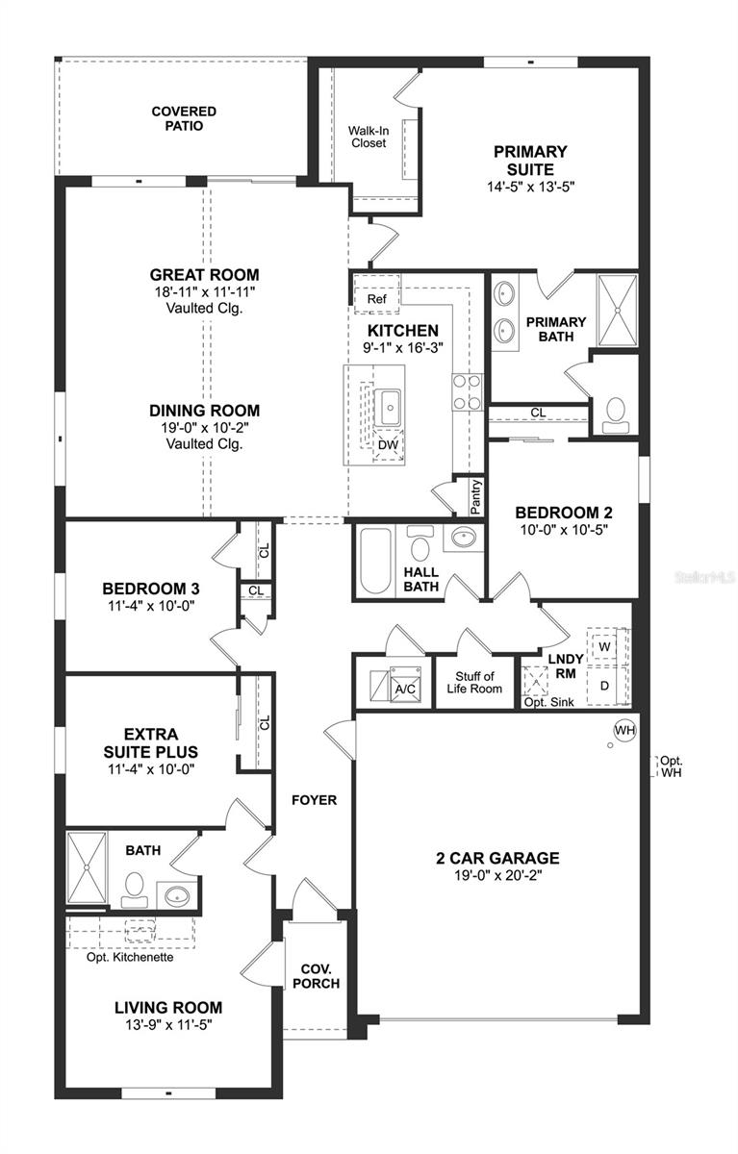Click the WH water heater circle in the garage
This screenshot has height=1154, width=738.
[624, 730]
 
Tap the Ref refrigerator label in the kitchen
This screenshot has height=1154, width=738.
[377, 299]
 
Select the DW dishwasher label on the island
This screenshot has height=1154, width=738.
[388, 445]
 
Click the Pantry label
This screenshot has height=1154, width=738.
[475, 496]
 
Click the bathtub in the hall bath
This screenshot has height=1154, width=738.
[374, 561]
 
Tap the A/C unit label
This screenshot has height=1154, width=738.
[405, 690]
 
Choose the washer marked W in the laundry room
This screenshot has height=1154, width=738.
[604, 646]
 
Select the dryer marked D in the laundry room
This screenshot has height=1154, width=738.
[605, 686]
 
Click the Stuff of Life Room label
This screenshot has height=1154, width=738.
[474, 683]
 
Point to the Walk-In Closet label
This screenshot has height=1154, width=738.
[369, 137]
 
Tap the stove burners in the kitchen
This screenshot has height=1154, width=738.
[467, 392]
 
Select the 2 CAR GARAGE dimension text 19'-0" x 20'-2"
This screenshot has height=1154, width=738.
[497, 875]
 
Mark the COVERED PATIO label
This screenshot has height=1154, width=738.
[184, 118]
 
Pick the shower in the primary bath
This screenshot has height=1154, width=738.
[617, 310]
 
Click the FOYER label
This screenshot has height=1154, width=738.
[314, 800]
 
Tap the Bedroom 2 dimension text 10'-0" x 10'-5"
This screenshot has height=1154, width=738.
[564, 530]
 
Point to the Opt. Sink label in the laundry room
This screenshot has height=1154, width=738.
[548, 702]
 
